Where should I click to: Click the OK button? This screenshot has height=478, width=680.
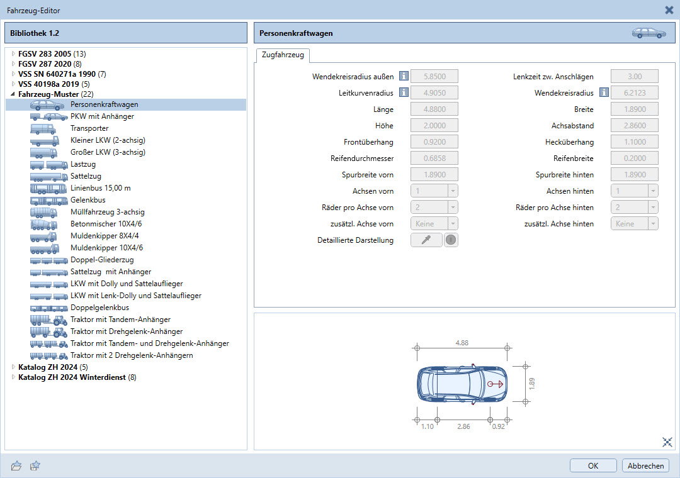[593, 465]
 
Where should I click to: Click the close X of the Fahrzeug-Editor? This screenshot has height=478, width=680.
[669, 10]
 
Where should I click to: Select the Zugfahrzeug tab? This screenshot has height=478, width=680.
[283, 55]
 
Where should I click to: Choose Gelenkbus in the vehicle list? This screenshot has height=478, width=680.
[88, 200]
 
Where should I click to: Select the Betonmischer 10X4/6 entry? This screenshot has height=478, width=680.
[106, 224]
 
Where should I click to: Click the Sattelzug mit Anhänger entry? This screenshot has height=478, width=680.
[111, 272]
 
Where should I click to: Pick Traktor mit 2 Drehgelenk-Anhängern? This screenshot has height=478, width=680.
[132, 355]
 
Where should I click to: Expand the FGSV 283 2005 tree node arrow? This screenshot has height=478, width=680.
[13, 53]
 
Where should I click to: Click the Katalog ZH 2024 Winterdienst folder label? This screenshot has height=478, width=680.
[72, 377]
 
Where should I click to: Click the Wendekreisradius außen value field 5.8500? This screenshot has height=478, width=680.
[434, 76]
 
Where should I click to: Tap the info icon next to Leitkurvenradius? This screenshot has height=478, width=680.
[404, 92]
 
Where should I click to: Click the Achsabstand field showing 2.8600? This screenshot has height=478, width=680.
[635, 126]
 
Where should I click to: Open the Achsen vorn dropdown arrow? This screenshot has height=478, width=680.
[453, 191]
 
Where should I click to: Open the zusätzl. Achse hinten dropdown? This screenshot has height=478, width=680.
[635, 224]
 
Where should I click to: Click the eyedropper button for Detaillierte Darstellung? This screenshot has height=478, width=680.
[426, 240]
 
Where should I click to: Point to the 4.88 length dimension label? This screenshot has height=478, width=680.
[462, 343]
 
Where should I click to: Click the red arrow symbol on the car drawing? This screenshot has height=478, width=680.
[496, 384]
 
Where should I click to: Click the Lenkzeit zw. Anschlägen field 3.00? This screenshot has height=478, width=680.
[635, 76]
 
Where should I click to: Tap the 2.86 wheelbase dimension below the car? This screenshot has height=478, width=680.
[463, 426]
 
